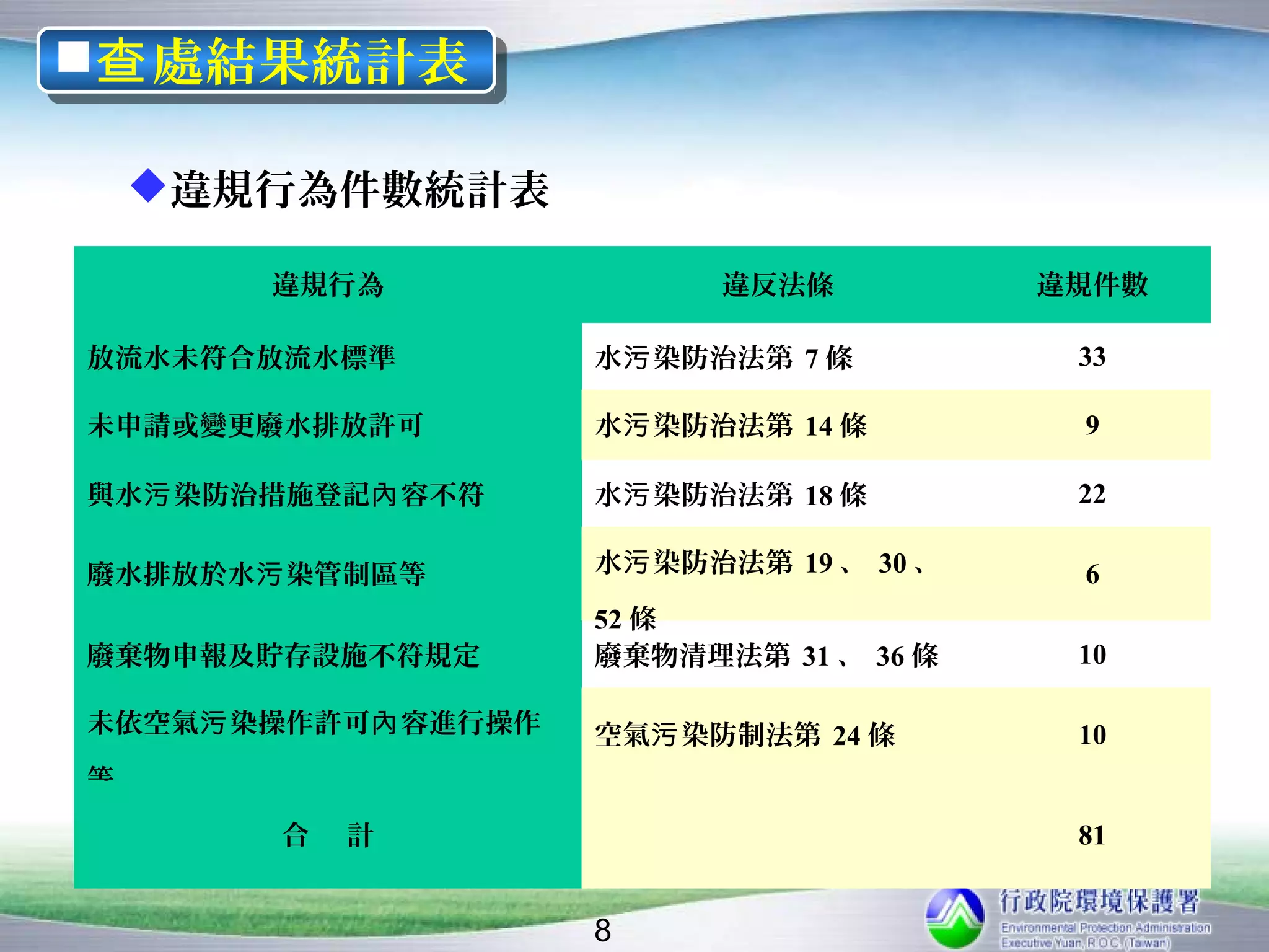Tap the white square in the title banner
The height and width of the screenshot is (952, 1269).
click(73, 56)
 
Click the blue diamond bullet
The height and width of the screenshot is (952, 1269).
click(148, 185)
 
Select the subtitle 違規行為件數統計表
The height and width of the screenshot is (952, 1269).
click(359, 189)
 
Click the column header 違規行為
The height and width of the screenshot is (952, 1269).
click(328, 285)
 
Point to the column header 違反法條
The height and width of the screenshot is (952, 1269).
click(778, 285)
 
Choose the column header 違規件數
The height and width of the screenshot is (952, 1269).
click(1092, 285)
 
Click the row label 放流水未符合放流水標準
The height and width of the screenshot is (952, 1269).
click(241, 358)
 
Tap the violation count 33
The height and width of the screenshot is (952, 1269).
click(1092, 357)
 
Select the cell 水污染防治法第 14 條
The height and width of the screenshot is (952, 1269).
click(731, 426)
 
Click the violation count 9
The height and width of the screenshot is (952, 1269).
click(1092, 425)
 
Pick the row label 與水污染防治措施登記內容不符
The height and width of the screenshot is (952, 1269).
click(285, 495)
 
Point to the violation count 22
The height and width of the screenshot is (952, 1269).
click(1092, 494)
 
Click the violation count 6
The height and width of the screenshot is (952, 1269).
click(1092, 575)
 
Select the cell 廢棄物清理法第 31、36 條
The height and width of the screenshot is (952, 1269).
click(766, 656)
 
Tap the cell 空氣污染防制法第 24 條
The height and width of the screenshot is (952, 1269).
click(745, 736)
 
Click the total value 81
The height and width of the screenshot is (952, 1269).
click(1092, 835)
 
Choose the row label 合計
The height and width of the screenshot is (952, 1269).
click(328, 835)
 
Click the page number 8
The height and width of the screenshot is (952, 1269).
click(602, 930)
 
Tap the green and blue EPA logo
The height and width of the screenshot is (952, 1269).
click(954, 919)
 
